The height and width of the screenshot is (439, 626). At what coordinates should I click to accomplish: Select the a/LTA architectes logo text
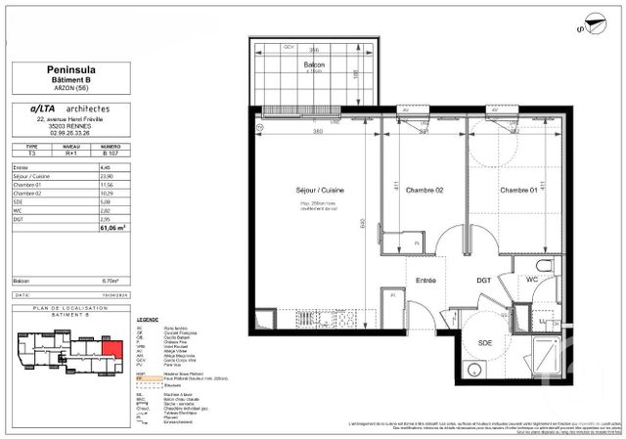tap(70, 108)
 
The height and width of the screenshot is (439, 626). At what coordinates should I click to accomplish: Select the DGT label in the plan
tap(482, 280)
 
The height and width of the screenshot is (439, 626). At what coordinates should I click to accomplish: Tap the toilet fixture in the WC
tap(546, 268)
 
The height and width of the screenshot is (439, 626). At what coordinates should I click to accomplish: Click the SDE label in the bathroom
tap(485, 342)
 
